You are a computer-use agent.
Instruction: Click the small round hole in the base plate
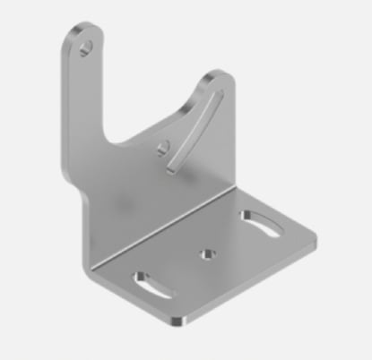point(211,253)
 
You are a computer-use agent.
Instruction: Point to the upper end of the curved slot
point(215,93)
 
